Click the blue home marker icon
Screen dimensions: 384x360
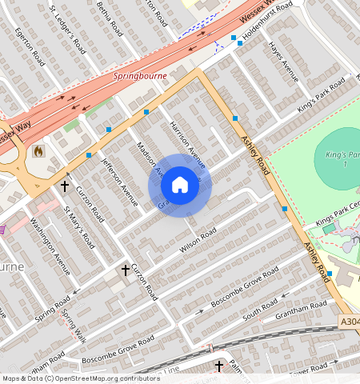tap(180, 186)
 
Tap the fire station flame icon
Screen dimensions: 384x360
tap(38, 150)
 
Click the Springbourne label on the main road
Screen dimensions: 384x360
tap(138, 78)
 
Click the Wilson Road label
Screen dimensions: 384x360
tap(198, 242)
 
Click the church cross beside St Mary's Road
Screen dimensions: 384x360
tap(65, 186)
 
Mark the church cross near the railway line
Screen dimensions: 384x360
tap(219, 366)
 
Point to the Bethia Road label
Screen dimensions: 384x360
tap(108, 18)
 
